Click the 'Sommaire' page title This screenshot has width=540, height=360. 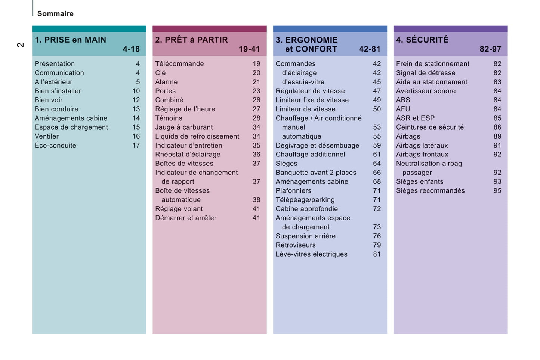tap(55, 14)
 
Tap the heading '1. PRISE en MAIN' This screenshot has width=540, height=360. tap(70, 40)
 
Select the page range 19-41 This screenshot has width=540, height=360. tap(249, 49)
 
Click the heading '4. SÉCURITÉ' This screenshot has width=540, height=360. tap(422, 40)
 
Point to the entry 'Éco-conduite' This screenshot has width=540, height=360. tap(55, 145)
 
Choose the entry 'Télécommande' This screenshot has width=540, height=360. tap(179, 64)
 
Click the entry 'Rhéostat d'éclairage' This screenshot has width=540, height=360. tap(188, 154)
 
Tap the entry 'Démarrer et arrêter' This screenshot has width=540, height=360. tap(186, 218)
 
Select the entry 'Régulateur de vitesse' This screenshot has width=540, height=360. tap(310, 91)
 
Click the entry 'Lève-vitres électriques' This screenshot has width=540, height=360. tap(311, 254)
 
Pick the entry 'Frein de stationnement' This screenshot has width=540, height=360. tap(433, 64)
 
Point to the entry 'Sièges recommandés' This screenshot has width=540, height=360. tap(431, 190)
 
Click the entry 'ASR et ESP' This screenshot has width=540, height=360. tap(415, 118)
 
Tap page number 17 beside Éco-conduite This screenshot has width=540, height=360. tap(136, 145)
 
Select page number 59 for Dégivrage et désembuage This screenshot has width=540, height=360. tap(377, 145)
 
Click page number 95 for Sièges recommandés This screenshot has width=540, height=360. tap(497, 190)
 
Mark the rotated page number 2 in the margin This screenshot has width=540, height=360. tap(20, 45)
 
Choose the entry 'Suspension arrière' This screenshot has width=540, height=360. tap(305, 236)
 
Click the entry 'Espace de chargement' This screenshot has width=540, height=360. tap(71, 127)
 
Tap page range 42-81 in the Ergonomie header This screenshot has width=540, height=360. tap(370, 49)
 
